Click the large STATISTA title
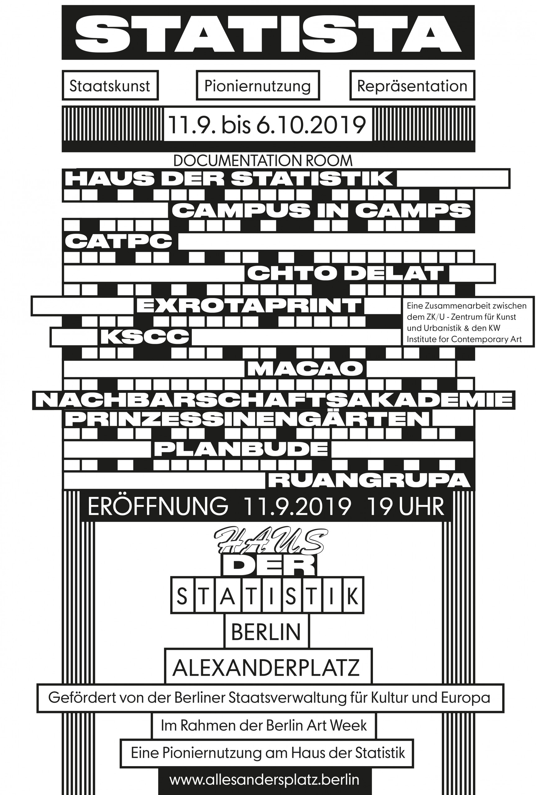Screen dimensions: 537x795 [x=268, y=33]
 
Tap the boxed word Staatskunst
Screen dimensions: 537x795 [x=110, y=86]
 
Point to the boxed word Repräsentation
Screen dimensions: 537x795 [x=412, y=86]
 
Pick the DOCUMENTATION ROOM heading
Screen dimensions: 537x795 [x=263, y=161]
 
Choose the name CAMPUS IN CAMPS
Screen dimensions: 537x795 [x=321, y=210]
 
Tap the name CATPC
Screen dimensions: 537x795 [x=118, y=242]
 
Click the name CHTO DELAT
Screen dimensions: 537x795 [x=346, y=273]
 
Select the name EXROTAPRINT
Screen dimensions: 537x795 [x=249, y=305]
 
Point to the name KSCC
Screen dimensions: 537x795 [x=145, y=337]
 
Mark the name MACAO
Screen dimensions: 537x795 [x=305, y=368]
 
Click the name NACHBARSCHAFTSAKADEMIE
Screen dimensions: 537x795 [x=274, y=400]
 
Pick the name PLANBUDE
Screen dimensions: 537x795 [x=241, y=449]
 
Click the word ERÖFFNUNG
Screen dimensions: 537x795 [x=158, y=506]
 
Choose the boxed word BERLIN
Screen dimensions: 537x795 [x=266, y=632]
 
